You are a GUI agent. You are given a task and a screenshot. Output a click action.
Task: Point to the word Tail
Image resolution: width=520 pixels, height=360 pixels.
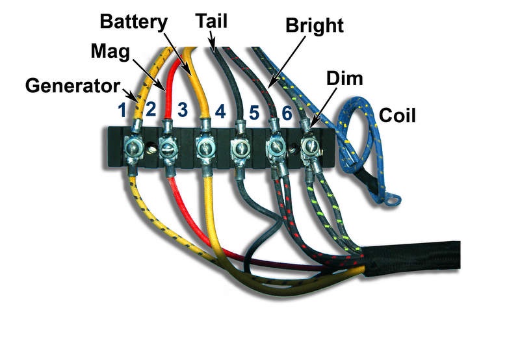211,21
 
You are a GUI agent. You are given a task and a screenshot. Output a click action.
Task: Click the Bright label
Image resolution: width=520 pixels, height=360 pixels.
315,26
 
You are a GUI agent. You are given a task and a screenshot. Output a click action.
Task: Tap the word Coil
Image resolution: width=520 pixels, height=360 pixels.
397,116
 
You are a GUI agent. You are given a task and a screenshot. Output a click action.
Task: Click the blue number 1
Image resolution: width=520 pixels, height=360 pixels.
122,110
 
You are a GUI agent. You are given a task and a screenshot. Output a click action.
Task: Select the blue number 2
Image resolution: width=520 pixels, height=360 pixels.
151,109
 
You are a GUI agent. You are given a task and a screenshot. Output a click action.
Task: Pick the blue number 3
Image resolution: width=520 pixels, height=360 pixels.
183,109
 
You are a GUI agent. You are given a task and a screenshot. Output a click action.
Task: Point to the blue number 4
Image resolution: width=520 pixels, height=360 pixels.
220,111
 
